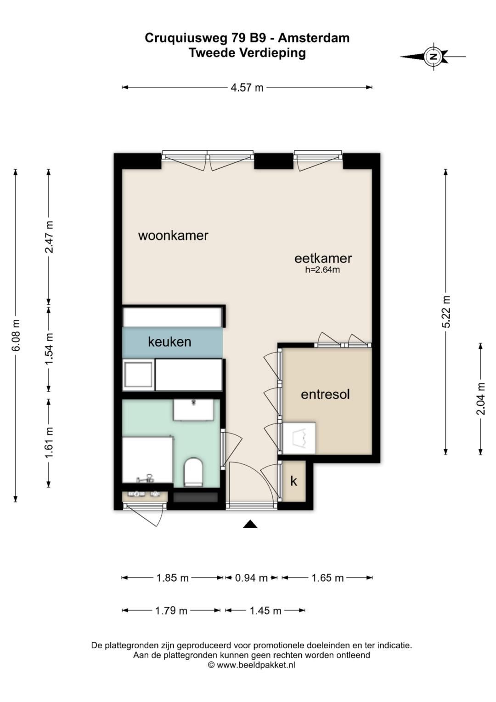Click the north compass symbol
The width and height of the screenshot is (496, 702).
[434, 57]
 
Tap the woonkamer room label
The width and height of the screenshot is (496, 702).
[173, 235]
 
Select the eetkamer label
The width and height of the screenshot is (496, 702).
[323, 258]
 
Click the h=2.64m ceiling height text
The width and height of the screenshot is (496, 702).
[322, 270]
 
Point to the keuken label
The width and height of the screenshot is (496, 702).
[169, 342]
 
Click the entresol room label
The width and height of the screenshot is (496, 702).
[325, 394]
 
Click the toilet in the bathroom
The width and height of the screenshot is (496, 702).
[194, 472]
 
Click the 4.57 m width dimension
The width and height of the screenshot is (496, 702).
[247, 87]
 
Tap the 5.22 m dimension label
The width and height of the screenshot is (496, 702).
[446, 312]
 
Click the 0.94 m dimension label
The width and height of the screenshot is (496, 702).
[252, 577]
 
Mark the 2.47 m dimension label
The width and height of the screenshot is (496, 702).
[49, 237]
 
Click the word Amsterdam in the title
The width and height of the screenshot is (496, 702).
[314, 38]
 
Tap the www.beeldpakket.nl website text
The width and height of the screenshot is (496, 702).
[256, 663]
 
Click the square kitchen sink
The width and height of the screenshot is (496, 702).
[138, 375]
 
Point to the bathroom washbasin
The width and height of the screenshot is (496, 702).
[193, 409]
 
